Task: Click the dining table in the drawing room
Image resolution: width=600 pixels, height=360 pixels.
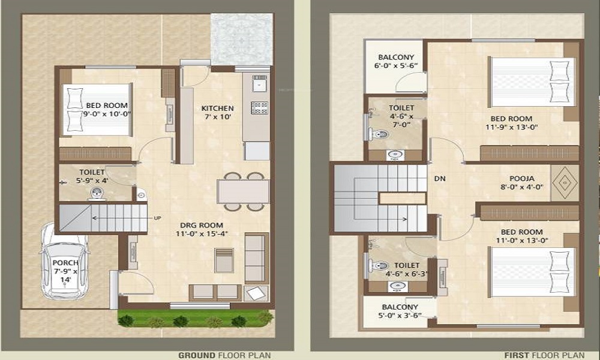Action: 243,191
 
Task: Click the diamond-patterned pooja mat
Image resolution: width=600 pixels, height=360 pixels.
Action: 564,182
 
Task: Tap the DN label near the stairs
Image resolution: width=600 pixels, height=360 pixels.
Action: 440,179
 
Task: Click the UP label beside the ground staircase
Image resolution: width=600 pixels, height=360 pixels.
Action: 158,217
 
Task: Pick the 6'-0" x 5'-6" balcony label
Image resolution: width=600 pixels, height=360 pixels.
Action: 395,62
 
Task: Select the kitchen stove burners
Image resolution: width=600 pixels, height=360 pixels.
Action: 259,107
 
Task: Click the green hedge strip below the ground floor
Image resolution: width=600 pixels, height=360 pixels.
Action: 195,319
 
